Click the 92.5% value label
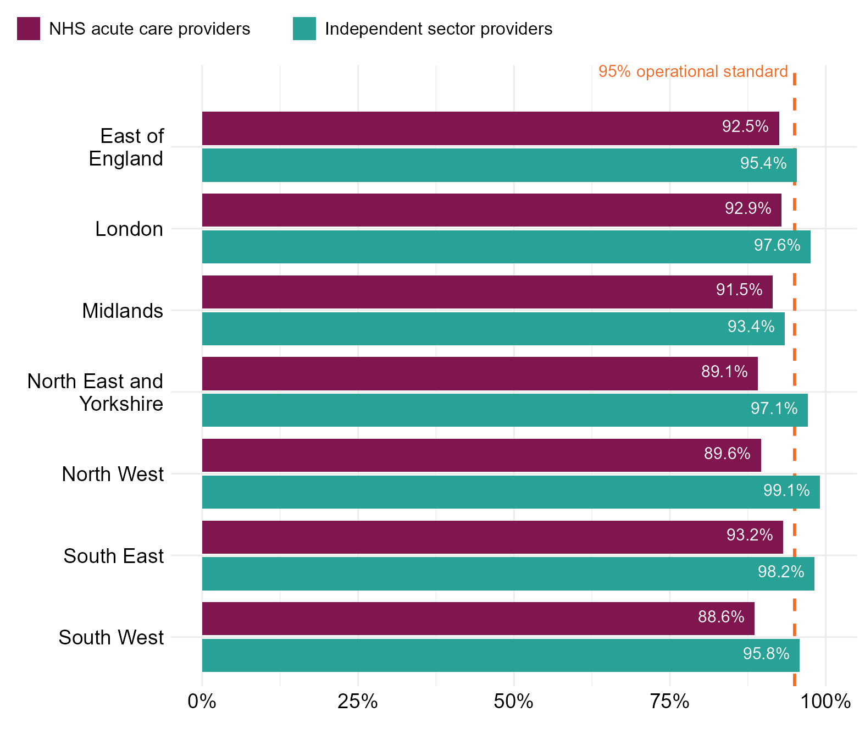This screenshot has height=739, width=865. [x=745, y=126]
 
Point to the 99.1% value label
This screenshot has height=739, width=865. [x=786, y=490]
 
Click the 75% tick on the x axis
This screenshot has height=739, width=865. [x=670, y=702]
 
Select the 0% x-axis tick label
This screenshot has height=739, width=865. [x=202, y=702]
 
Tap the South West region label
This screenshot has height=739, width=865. [x=111, y=637]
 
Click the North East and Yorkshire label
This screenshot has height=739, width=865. [x=95, y=392]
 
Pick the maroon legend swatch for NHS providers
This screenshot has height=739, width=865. [x=29, y=29]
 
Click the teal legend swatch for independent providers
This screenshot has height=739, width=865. [x=304, y=29]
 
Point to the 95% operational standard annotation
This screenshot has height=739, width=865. [x=693, y=71]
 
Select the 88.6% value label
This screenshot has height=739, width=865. [x=721, y=617]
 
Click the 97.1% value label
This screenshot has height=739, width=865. [x=774, y=409]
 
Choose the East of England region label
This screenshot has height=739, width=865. [x=126, y=147]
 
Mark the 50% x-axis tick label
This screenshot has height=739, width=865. [x=514, y=702]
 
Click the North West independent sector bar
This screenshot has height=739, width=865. [x=511, y=492]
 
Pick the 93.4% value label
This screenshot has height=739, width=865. [x=751, y=327]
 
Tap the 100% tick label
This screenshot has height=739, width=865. [x=825, y=702]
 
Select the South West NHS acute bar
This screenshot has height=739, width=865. [x=478, y=619]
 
